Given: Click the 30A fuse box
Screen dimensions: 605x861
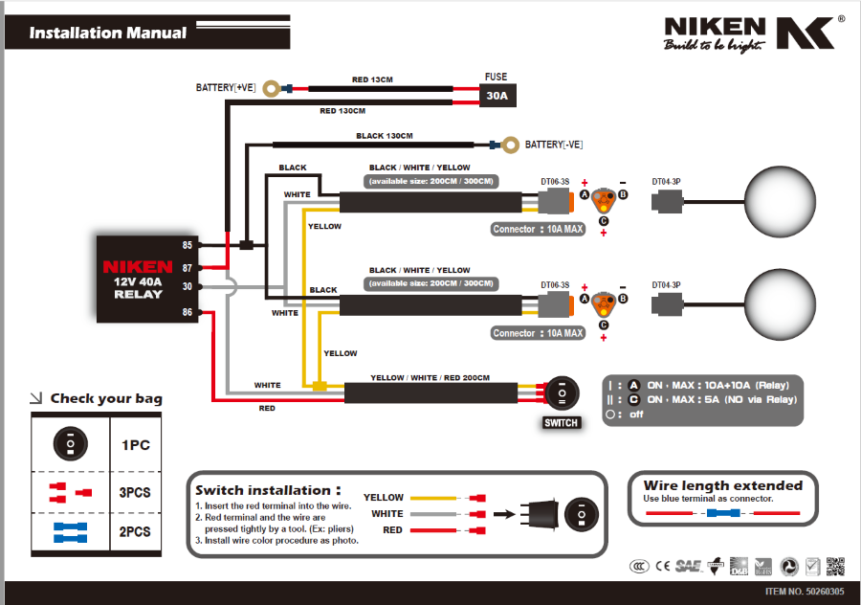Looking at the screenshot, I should point(497,96).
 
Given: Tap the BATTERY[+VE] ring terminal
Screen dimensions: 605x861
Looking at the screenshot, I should point(272,88).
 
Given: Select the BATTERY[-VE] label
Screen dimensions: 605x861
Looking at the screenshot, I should point(554,145).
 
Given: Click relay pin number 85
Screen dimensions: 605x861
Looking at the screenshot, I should point(188,245).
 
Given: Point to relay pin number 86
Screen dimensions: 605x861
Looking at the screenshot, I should point(188,312).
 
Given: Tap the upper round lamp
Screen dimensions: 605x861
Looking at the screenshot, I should point(781,202).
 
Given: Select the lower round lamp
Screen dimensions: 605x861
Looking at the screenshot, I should point(781,304).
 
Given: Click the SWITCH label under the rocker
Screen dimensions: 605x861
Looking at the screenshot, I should point(561,422).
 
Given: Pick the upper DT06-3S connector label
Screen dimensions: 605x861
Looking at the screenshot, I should point(555,181).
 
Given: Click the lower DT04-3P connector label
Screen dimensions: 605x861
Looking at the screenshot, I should point(666,284).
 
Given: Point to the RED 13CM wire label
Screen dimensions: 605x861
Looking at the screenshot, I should point(372,79).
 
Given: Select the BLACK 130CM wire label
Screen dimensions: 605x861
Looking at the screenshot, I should point(384,136).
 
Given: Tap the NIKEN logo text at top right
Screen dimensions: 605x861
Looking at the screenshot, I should point(715,27).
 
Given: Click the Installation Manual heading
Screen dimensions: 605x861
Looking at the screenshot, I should point(108,33).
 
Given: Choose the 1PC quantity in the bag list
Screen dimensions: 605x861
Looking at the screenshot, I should point(136,445).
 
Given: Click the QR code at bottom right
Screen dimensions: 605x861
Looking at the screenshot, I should point(836,566).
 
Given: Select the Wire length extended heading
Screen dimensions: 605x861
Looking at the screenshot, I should point(722,485).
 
